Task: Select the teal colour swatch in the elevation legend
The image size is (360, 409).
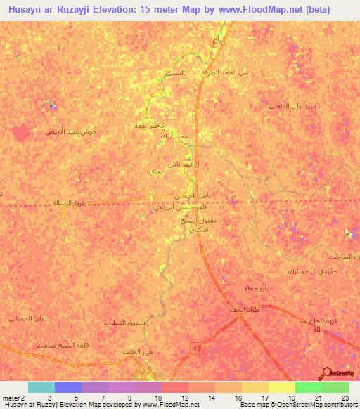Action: coord(41,387)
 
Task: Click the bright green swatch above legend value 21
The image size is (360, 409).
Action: coord(308,387)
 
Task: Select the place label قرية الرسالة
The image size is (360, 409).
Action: coord(67,202)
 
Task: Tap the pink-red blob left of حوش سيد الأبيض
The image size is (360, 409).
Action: coord(21,131)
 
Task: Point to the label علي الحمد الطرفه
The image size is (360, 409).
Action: coord(229,72)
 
